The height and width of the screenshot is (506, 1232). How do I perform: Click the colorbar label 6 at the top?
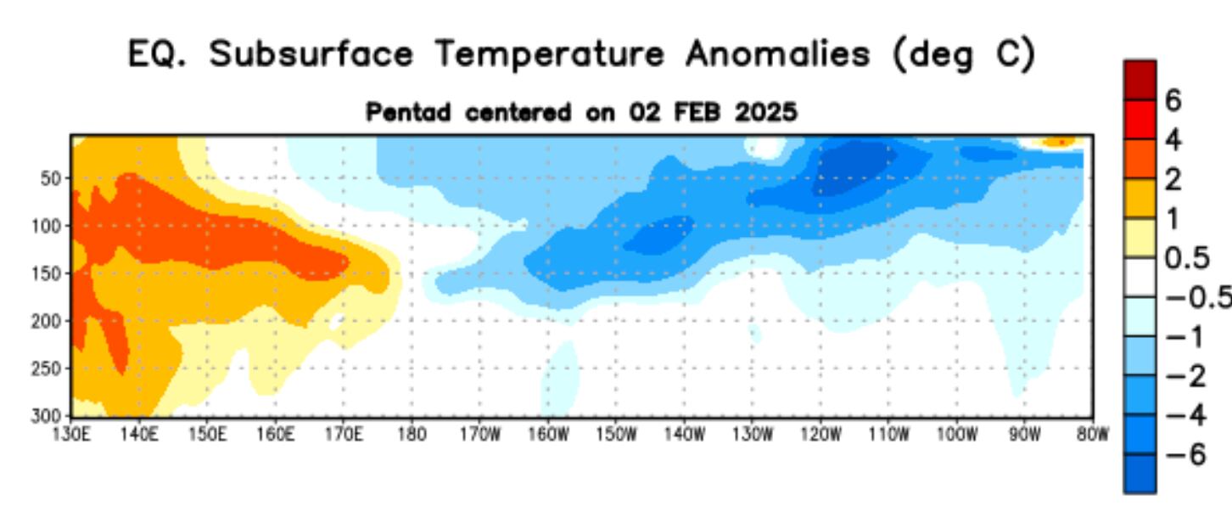(1173, 100)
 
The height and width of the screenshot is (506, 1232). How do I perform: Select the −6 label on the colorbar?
(1184, 454)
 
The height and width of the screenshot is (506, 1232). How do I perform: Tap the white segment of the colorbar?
(1140, 277)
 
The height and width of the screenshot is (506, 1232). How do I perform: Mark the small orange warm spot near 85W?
(1057, 142)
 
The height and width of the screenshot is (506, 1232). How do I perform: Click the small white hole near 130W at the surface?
(766, 148)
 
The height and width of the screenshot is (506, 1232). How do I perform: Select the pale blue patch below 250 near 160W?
(560, 374)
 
